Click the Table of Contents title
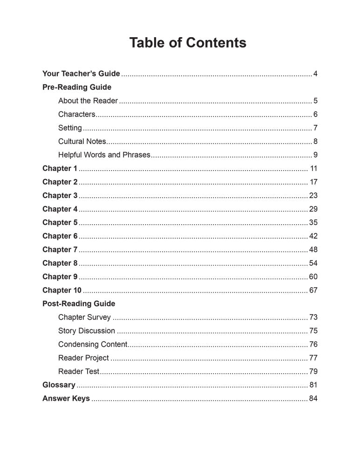click(x=188, y=43)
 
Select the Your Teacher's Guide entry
click(x=81, y=74)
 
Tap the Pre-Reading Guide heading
click(x=77, y=87)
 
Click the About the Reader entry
click(x=88, y=101)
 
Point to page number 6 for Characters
click(x=315, y=114)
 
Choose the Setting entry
click(x=70, y=128)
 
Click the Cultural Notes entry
click(x=82, y=141)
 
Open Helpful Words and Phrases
click(x=104, y=155)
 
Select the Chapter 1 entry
click(x=60, y=168)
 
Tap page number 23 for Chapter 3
click(x=313, y=195)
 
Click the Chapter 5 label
click(x=60, y=222)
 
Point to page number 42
click(x=313, y=236)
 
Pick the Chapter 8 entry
click(x=60, y=263)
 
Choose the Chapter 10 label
click(x=62, y=290)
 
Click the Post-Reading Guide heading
click(x=79, y=303)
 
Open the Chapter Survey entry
click(x=84, y=317)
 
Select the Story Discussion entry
click(x=87, y=331)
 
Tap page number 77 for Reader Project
click(x=313, y=358)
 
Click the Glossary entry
click(x=59, y=385)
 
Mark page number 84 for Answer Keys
click(x=313, y=398)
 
